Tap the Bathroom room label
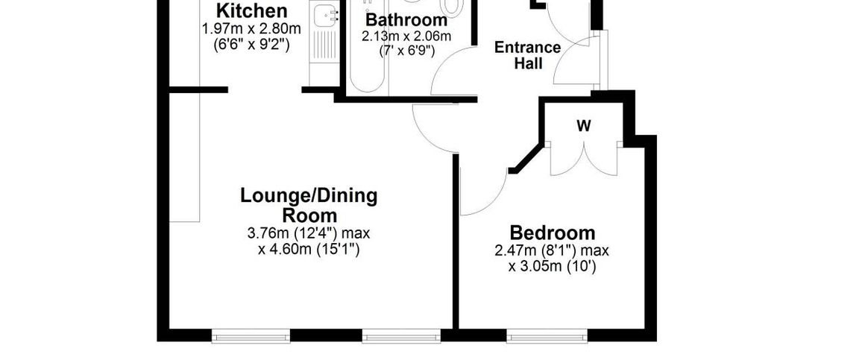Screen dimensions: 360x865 [x=406, y=20]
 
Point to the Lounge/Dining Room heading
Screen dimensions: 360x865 [x=309, y=206]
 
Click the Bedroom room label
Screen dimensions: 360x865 [x=552, y=232]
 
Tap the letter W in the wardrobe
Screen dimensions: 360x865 [x=583, y=126]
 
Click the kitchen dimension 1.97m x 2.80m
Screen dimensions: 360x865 [x=251, y=29]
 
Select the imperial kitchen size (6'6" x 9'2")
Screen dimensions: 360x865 [x=251, y=44]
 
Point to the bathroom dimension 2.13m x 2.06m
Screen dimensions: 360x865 [x=406, y=37]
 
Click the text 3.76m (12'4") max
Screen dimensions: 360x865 [x=309, y=233]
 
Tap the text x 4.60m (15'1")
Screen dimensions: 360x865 [x=309, y=250]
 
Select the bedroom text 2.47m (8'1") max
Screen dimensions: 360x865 [x=552, y=250]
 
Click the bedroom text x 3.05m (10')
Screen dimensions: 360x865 [x=552, y=266]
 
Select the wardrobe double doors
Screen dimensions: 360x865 [x=583, y=157]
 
